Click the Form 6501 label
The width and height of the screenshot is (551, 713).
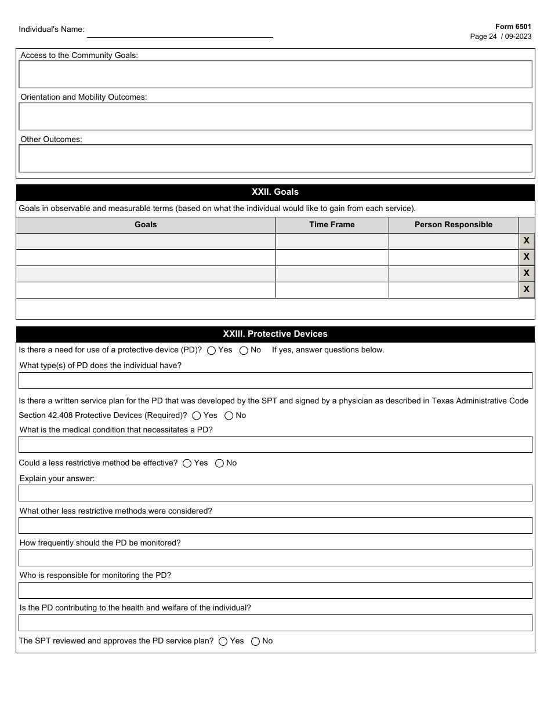click(x=513, y=27)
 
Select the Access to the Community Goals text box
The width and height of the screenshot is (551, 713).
click(x=275, y=74)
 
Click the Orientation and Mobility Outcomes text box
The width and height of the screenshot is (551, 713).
click(x=275, y=116)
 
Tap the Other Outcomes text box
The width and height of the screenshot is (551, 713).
click(x=275, y=158)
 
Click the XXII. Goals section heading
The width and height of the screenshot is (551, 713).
click(x=275, y=192)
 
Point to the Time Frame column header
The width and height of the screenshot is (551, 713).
click(x=332, y=225)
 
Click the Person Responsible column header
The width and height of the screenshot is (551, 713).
click(x=453, y=225)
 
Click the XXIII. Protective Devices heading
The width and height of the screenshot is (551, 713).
click(x=275, y=334)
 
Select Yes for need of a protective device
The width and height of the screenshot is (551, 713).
click(x=212, y=350)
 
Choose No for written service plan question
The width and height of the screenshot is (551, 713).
click(x=229, y=416)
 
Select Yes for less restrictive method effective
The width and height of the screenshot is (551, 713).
click(x=187, y=463)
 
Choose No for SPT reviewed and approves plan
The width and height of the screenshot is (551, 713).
click(x=255, y=641)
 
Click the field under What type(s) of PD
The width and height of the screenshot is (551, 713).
click(x=275, y=380)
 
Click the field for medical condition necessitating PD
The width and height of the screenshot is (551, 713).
click(x=275, y=445)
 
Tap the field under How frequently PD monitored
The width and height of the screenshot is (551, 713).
click(x=275, y=558)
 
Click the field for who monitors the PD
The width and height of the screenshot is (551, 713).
click(x=275, y=590)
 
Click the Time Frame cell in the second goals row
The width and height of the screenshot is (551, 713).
click(x=332, y=257)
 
